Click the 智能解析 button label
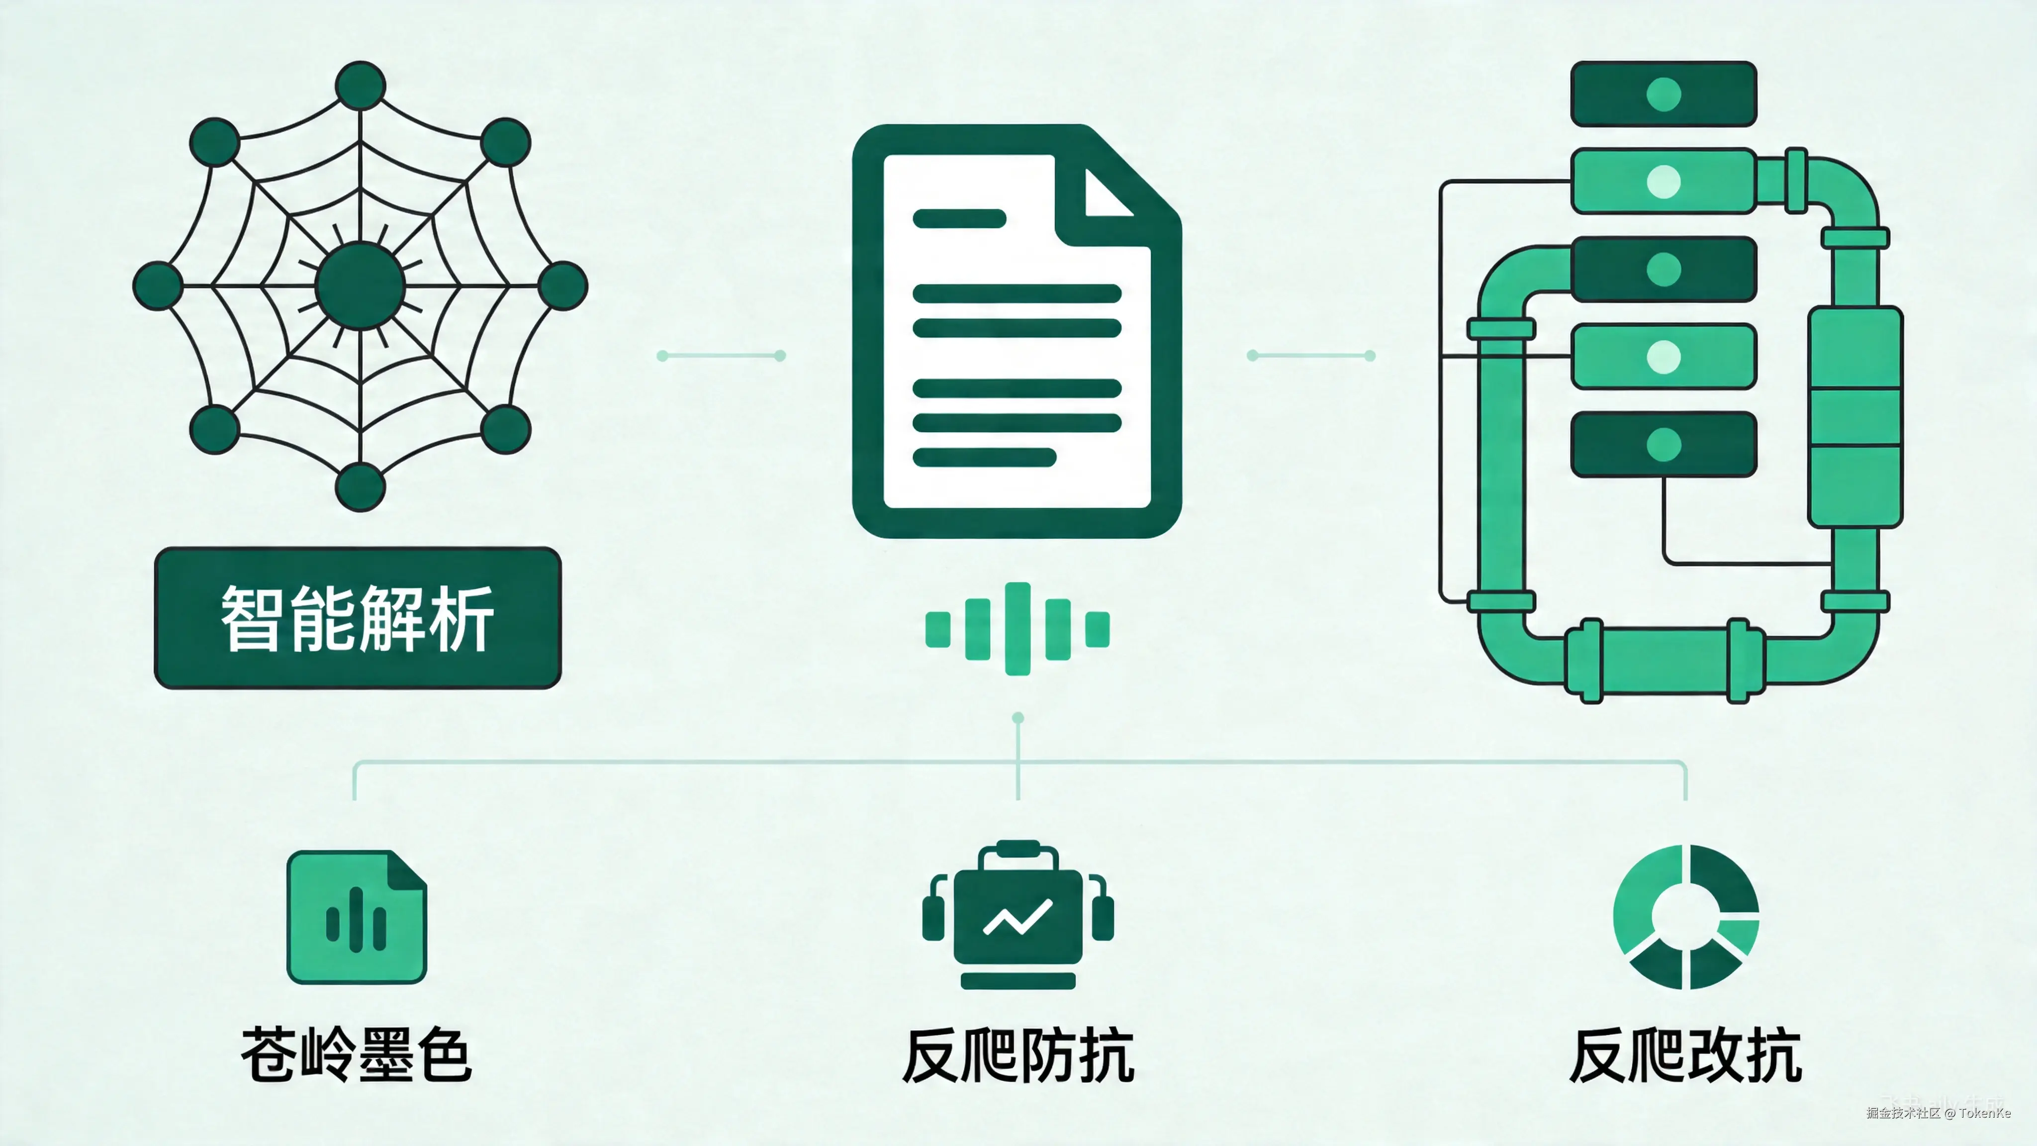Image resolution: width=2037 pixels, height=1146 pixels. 358,618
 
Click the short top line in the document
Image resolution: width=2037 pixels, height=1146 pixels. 958,218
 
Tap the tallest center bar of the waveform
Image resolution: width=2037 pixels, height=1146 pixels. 1017,629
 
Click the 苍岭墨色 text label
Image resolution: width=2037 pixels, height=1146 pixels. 357,1054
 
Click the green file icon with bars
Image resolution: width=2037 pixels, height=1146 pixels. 357,917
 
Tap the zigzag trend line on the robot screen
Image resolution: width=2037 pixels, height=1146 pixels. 1017,917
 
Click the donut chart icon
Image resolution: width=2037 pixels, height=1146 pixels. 1686,917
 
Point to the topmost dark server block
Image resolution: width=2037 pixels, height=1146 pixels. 1663,94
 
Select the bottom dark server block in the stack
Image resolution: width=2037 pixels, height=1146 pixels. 1663,445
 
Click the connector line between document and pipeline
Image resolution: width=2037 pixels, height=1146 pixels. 1311,356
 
